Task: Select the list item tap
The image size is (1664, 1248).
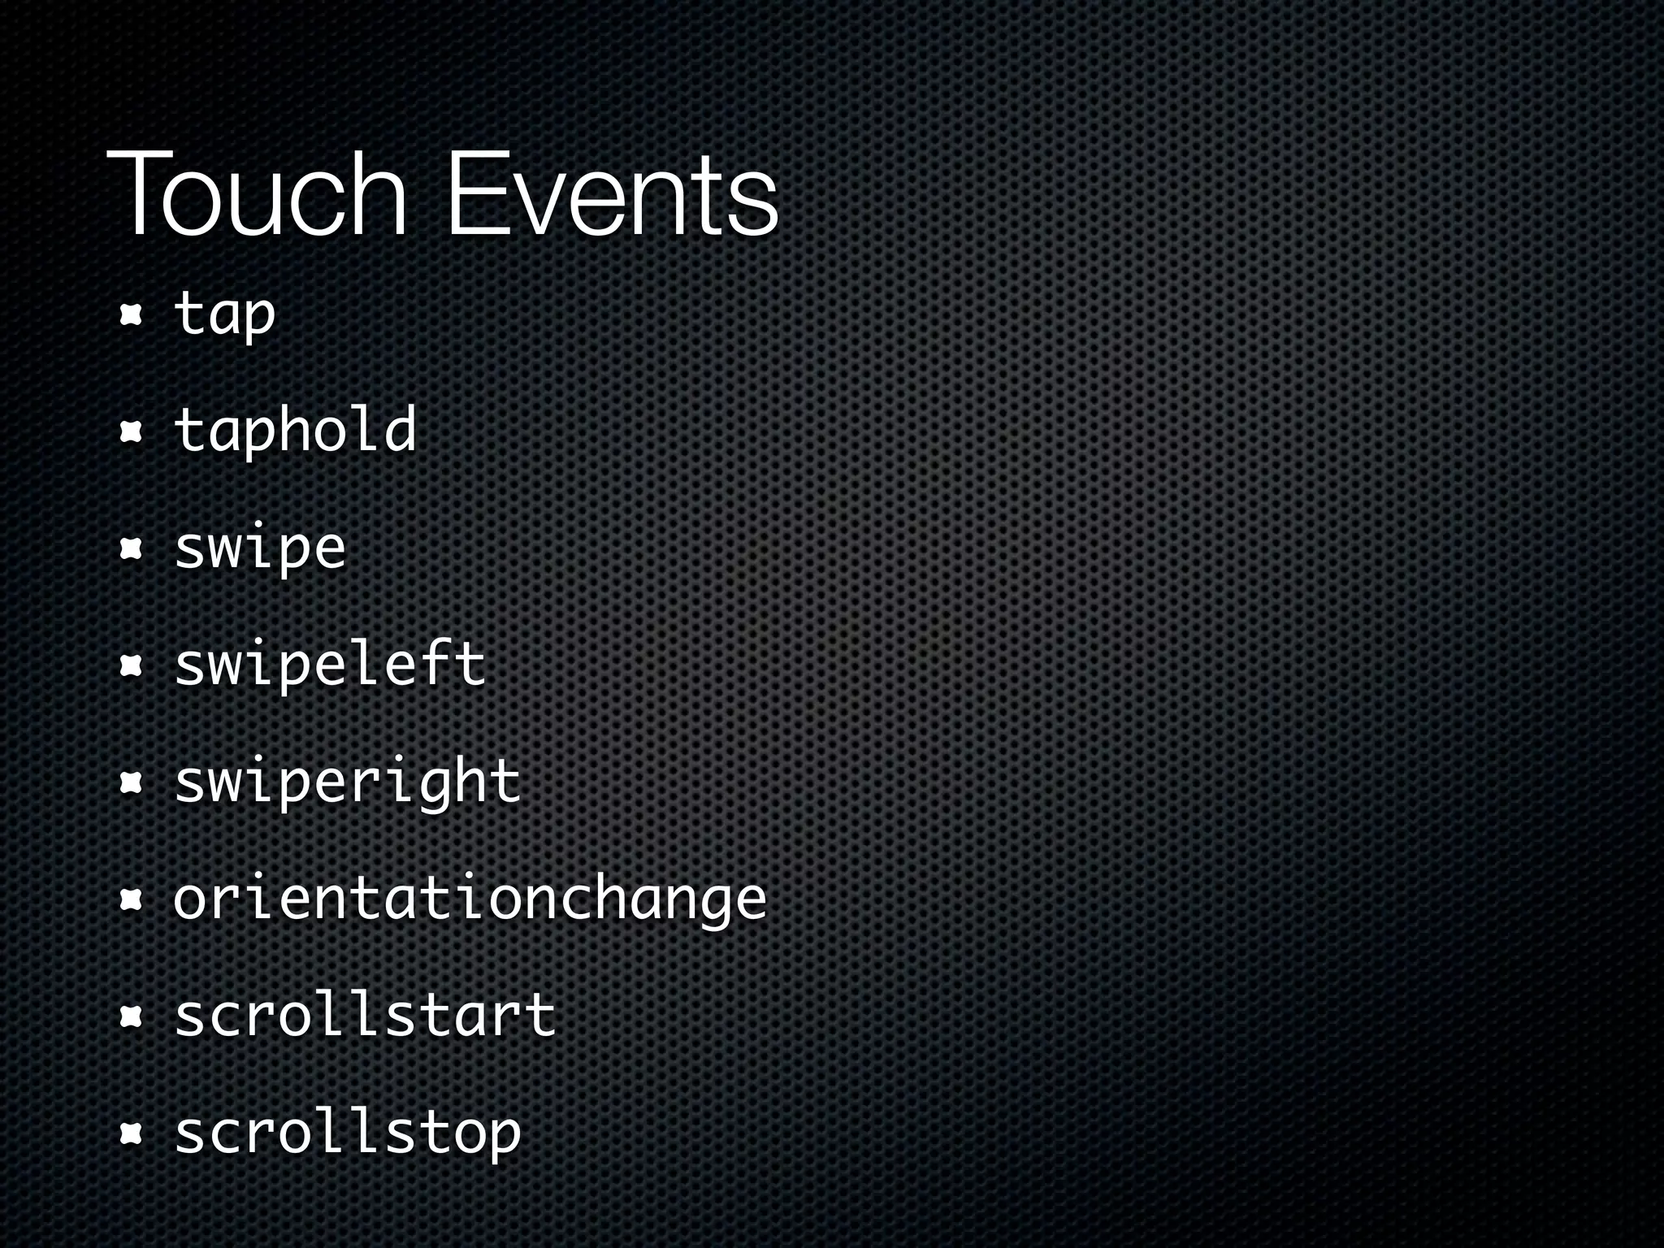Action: click(x=225, y=314)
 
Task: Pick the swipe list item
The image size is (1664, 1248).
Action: click(x=260, y=548)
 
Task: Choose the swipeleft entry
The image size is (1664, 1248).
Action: click(x=329, y=665)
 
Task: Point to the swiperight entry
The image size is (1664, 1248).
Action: click(x=347, y=782)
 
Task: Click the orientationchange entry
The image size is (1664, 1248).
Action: click(x=470, y=899)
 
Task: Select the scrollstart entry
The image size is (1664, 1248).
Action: click(x=365, y=1016)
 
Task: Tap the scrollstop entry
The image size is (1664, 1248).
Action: click(x=347, y=1133)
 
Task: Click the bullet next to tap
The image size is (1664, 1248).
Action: click(x=130, y=315)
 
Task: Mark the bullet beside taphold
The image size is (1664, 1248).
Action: click(x=130, y=432)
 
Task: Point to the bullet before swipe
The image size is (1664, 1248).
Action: click(x=130, y=549)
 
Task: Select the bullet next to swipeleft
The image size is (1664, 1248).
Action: click(x=130, y=666)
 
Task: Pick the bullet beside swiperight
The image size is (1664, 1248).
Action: click(x=130, y=783)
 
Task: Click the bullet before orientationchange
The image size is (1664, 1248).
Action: click(x=130, y=900)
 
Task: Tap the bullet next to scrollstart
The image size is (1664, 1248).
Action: click(x=130, y=1017)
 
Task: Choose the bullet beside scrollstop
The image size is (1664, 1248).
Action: click(x=130, y=1134)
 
